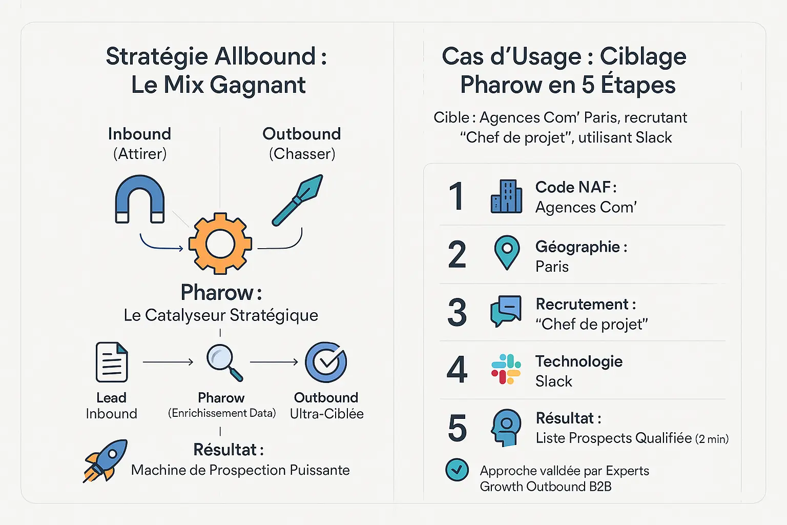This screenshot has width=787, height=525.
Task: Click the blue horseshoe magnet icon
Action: (140, 199)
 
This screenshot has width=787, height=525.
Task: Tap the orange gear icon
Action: (220, 244)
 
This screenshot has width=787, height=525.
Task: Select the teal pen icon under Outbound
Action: (297, 200)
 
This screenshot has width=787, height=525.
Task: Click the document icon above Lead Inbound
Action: (112, 362)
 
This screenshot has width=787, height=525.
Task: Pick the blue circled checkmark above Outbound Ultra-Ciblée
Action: (326, 362)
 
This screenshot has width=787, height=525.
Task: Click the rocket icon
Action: (106, 460)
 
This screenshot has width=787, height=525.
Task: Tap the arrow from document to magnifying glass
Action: (168, 362)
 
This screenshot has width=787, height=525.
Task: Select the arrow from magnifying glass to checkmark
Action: (274, 362)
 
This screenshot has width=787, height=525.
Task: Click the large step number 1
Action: (457, 196)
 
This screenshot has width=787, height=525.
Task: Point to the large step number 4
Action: (457, 370)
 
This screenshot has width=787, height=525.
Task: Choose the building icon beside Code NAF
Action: (506, 196)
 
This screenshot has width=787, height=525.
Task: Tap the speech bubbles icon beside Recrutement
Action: (506, 311)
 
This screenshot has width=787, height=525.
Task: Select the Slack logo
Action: (506, 369)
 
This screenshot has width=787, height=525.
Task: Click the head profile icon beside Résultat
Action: (506, 427)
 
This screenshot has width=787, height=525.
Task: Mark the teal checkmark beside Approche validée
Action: (457, 470)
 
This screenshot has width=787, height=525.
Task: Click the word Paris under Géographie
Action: (552, 267)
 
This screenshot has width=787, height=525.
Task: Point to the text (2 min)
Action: (712, 439)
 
